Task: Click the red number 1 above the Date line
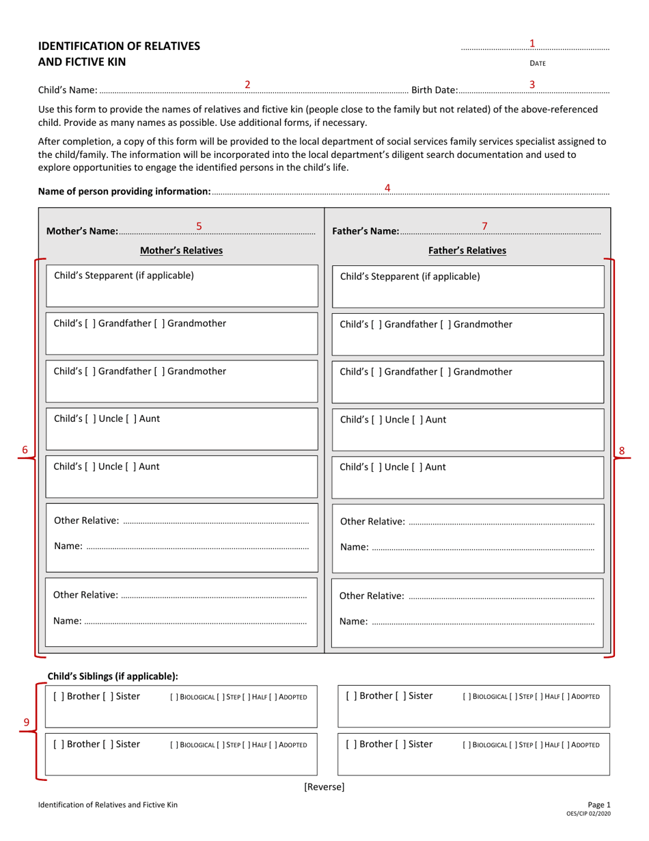click(x=532, y=43)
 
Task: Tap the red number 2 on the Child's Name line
click(x=248, y=84)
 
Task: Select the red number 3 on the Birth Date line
click(x=532, y=84)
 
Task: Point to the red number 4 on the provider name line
click(x=387, y=187)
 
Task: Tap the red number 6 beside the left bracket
click(x=25, y=450)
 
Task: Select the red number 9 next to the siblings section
click(x=26, y=722)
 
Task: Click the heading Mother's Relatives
click(x=181, y=250)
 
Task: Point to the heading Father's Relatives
click(x=467, y=250)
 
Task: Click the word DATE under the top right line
click(x=538, y=64)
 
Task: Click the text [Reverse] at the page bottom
click(x=324, y=787)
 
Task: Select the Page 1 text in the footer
click(x=598, y=805)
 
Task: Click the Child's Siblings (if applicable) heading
click(x=113, y=676)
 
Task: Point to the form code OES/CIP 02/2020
click(x=589, y=814)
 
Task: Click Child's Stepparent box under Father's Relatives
click(x=467, y=286)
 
